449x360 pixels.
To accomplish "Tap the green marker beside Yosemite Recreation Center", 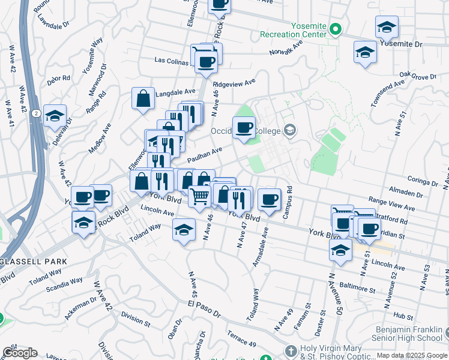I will click(x=337, y=28).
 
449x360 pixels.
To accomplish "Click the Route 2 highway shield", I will click(x=37, y=113).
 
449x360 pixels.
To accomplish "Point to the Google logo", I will click(x=20, y=353).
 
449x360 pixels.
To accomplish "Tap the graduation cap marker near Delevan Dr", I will click(x=55, y=116).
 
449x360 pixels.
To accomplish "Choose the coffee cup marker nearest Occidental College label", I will click(x=244, y=127).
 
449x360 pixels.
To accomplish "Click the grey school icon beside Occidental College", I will click(x=290, y=130).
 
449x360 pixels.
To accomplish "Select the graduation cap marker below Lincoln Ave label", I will click(x=184, y=230).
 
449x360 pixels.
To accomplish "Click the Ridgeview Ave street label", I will click(x=234, y=82).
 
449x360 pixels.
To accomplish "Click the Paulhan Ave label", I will click(x=205, y=155).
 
